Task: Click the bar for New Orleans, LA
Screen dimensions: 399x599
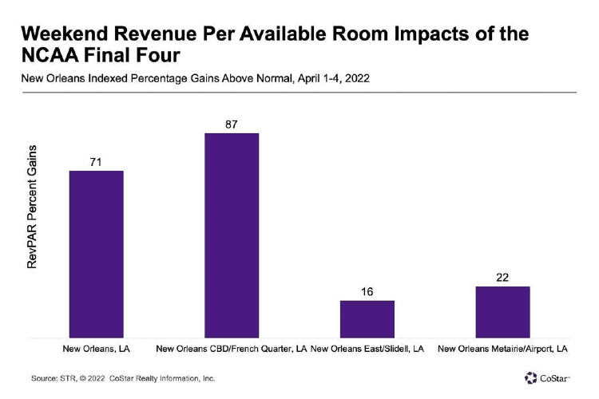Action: [96, 255]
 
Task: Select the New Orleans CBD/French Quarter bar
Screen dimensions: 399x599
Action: [232, 235]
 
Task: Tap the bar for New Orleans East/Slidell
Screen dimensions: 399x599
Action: [367, 319]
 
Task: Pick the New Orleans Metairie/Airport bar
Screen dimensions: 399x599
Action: [502, 312]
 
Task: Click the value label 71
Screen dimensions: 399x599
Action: [96, 162]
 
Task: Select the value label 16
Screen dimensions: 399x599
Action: [367, 291]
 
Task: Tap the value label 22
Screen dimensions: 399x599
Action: [502, 277]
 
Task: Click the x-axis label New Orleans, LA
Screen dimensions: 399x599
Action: [96, 350]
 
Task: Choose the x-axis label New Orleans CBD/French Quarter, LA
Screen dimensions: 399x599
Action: [232, 350]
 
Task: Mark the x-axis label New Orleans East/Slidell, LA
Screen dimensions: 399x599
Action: [367, 350]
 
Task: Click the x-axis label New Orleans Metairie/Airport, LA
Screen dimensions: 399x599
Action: [503, 350]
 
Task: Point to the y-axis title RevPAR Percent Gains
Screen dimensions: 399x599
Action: [33, 207]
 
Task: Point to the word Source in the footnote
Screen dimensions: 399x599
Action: [44, 378]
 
